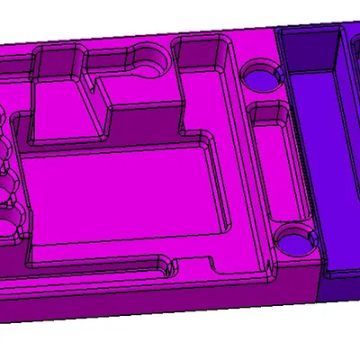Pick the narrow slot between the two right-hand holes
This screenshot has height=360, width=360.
click(269, 166)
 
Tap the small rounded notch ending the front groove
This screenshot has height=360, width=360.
click(166, 266)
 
